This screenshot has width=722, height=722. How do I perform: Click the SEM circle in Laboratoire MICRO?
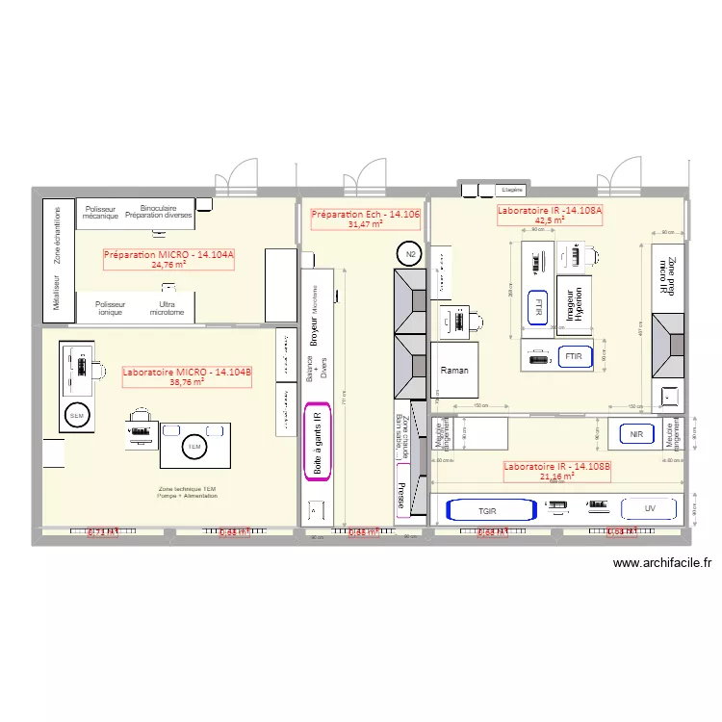coord(77,416)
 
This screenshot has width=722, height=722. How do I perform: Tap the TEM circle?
coord(193,447)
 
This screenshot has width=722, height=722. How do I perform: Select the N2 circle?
coord(410,254)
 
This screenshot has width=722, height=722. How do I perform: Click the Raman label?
coord(453,370)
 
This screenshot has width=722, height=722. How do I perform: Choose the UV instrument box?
coord(650,509)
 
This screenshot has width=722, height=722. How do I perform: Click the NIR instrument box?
coord(636,435)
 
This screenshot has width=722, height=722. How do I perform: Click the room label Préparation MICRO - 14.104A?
coord(169,254)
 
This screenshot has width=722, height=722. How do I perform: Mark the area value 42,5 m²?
coord(550,219)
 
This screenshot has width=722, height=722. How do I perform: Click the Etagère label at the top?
coord(510,189)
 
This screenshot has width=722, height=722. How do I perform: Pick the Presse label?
coord(399,495)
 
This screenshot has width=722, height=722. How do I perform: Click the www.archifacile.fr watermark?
coord(661,565)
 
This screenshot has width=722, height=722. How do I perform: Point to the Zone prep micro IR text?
coord(664,274)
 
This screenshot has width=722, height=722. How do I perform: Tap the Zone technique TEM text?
coord(189,493)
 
